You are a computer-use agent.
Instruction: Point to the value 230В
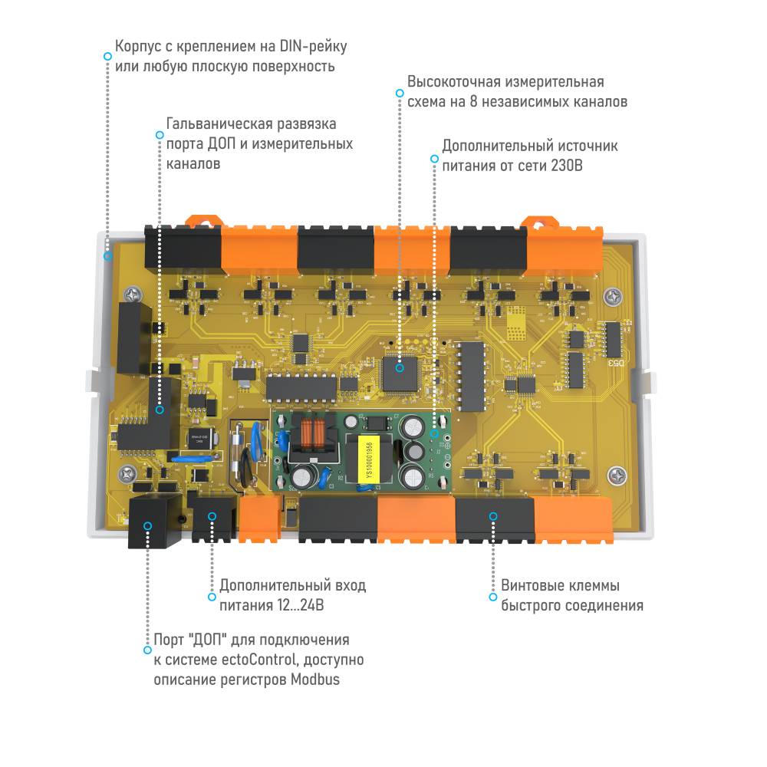point(567,165)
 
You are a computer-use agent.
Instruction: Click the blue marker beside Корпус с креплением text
point(107,56)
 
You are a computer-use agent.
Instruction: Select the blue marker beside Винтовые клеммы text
point(492,596)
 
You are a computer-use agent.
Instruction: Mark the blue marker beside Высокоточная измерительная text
point(399,92)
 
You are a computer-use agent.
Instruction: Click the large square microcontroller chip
point(399,367)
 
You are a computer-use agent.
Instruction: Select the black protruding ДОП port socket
point(153,522)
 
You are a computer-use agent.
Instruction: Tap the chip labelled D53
point(612,341)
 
